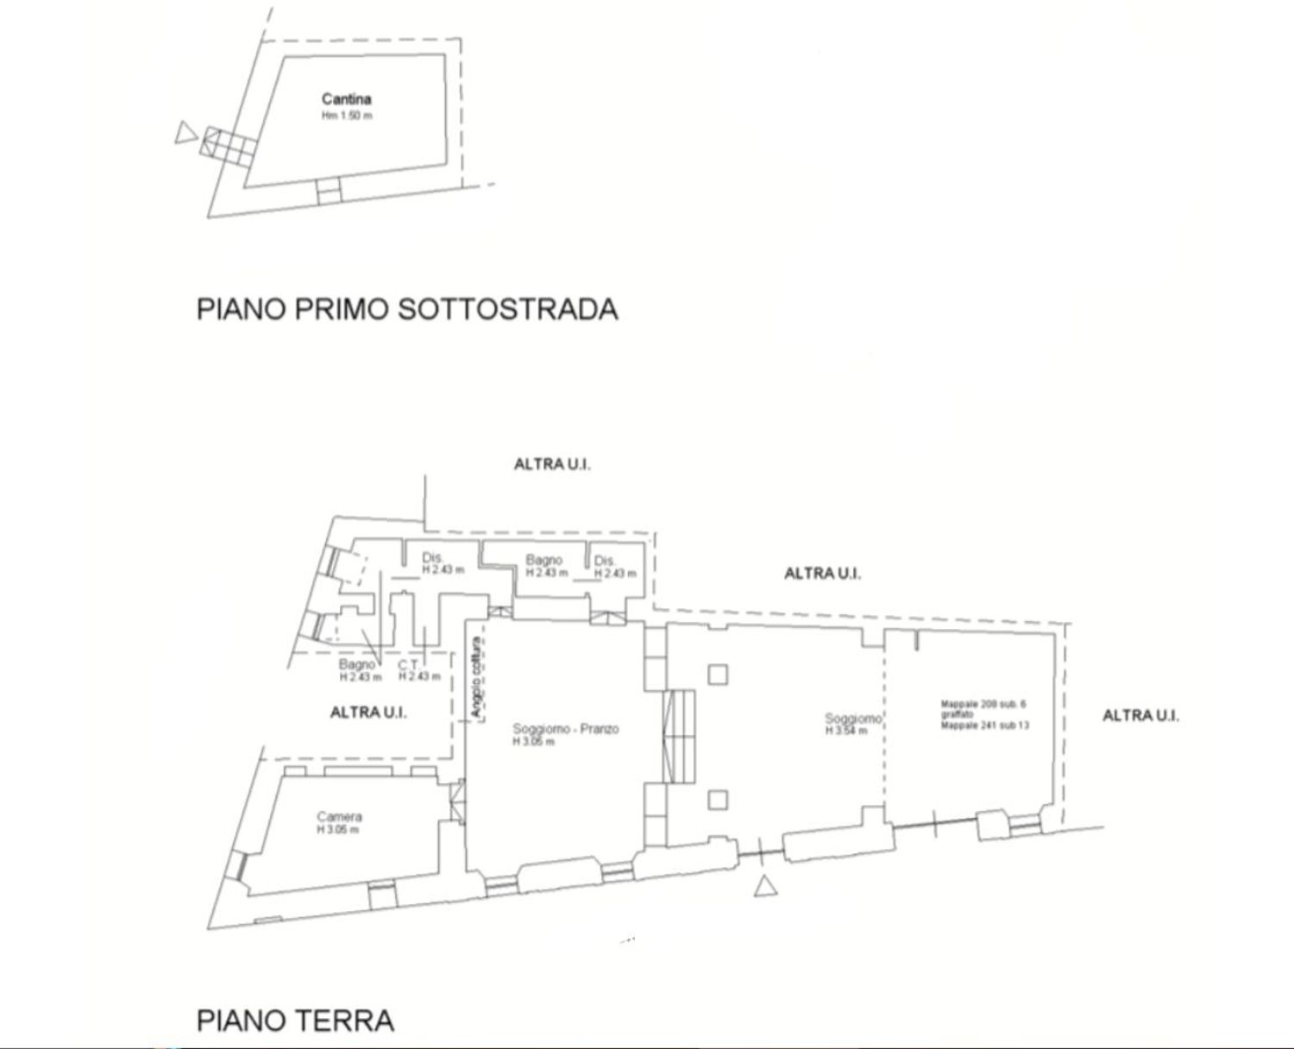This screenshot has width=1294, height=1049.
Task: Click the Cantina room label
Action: click(x=346, y=99)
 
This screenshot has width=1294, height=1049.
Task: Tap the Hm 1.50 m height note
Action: click(x=347, y=116)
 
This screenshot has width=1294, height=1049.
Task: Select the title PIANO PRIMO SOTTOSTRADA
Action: click(x=407, y=309)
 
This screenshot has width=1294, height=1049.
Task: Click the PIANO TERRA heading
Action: click(x=295, y=1021)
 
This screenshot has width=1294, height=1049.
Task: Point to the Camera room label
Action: click(x=339, y=816)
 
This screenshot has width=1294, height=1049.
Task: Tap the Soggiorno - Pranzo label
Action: click(x=565, y=729)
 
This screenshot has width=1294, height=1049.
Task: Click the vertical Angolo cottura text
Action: click(x=474, y=678)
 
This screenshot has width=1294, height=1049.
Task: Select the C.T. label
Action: click(x=408, y=664)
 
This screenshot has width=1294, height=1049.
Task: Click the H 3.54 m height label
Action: click(x=845, y=732)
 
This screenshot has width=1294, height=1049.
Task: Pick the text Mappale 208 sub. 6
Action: click(x=983, y=705)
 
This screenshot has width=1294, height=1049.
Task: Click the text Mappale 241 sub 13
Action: click(x=984, y=726)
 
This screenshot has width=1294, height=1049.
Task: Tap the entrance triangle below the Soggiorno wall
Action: click(x=764, y=886)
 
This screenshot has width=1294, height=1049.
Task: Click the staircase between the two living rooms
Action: click(x=681, y=736)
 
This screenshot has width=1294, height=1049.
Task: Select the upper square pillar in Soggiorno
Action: click(x=718, y=674)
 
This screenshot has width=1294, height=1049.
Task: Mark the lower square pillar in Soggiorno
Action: click(x=718, y=800)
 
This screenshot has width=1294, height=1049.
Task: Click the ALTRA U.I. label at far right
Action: click(x=1140, y=715)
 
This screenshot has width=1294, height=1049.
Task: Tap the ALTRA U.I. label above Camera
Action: click(x=368, y=713)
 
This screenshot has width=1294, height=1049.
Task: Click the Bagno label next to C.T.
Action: click(x=356, y=664)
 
